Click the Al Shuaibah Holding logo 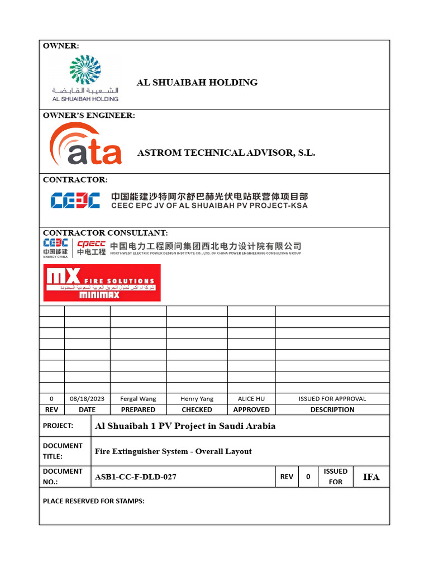[x=85, y=79]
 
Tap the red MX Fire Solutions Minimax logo [x=102, y=283]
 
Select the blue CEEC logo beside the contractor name [x=75, y=201]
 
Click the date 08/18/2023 [x=87, y=399]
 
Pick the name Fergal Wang [x=138, y=399]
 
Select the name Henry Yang [x=197, y=399]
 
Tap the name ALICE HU [x=251, y=399]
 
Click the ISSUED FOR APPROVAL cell [x=332, y=399]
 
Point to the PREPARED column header [x=138, y=409]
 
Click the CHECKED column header [x=197, y=409]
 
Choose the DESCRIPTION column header [x=332, y=409]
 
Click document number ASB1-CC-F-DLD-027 [x=136, y=477]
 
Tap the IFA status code [x=371, y=477]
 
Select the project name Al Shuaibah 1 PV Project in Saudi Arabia [x=185, y=426]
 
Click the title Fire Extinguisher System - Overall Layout [x=173, y=451]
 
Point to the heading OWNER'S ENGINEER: [x=89, y=116]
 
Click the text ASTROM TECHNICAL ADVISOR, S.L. [x=226, y=152]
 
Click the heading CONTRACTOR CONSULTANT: [x=105, y=232]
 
